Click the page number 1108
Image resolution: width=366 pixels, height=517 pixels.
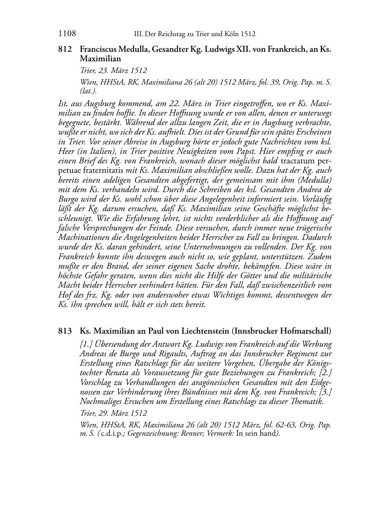(x=67, y=34)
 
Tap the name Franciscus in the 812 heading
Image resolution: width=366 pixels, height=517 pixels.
(x=97, y=49)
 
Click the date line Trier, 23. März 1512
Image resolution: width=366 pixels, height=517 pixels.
(x=113, y=70)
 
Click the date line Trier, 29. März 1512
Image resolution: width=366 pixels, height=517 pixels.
(x=113, y=413)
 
